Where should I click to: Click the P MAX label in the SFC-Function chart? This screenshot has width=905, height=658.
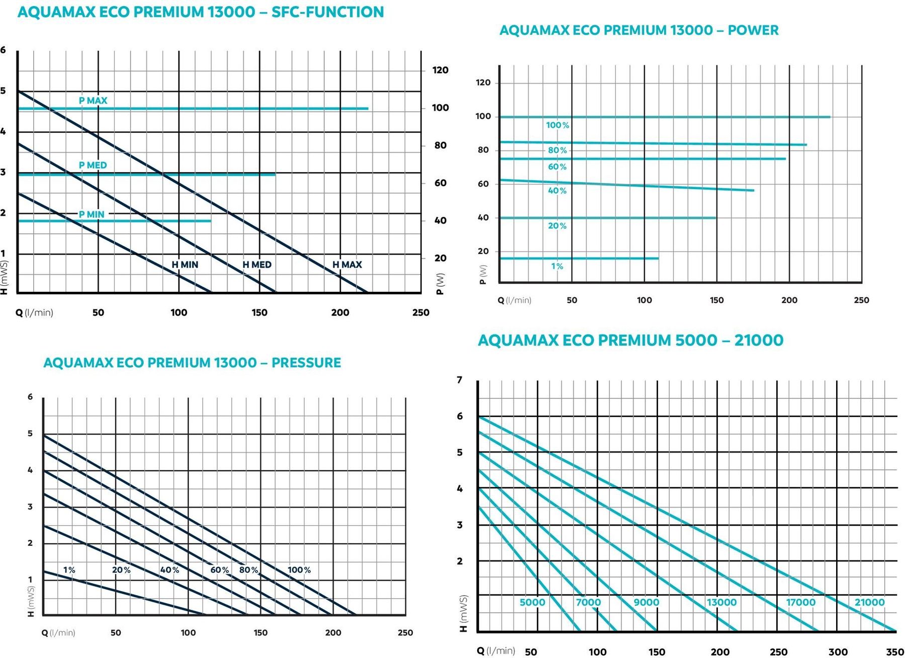click(93, 101)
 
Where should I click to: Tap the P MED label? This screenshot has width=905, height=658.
click(93, 165)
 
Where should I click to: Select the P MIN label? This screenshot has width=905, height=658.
click(92, 214)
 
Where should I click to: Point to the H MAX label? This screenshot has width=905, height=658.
click(347, 265)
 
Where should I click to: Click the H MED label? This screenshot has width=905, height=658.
click(257, 265)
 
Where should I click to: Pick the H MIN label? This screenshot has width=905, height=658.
click(185, 265)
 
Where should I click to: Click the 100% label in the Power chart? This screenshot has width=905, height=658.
click(558, 125)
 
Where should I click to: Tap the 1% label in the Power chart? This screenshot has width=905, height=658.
click(557, 266)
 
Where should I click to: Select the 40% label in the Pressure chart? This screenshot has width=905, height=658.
click(170, 570)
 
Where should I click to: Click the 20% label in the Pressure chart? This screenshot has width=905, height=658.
click(121, 570)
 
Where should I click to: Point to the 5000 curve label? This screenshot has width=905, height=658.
click(532, 602)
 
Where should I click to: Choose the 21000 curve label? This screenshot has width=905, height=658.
click(869, 602)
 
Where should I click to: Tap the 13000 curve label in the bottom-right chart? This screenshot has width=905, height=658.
click(721, 602)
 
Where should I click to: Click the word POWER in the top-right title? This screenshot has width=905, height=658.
click(753, 30)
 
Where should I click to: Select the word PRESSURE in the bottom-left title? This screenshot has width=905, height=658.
click(306, 363)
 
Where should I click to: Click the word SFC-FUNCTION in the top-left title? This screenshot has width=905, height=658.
click(327, 12)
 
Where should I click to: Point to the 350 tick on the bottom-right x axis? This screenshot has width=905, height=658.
click(895, 652)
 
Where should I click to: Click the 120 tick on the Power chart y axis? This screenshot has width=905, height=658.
click(483, 83)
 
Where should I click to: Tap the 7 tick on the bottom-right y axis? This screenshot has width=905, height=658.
click(460, 380)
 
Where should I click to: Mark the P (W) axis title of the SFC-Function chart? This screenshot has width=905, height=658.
click(440, 284)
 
